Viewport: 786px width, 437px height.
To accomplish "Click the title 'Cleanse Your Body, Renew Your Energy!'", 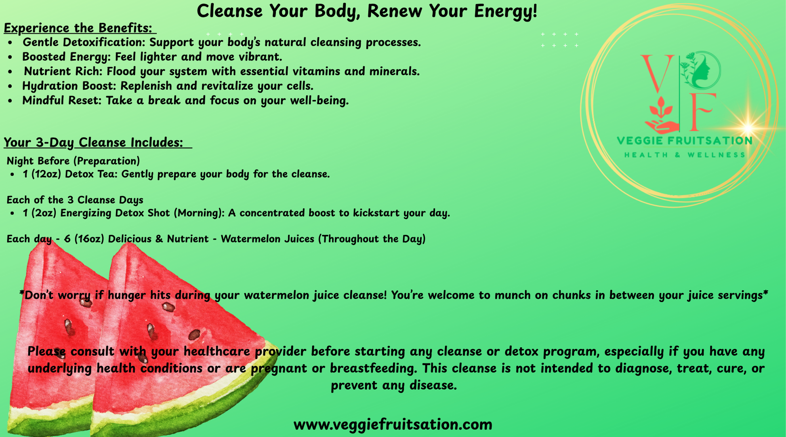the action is [367, 11].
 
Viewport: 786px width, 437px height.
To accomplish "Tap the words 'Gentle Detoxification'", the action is [84, 42].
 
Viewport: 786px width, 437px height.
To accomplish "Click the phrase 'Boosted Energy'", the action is [66, 57].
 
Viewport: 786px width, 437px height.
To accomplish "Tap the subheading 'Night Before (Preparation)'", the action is [73, 161].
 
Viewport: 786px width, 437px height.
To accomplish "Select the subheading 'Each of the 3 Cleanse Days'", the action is [75, 200].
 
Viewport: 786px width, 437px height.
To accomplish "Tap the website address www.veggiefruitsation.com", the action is [393, 424].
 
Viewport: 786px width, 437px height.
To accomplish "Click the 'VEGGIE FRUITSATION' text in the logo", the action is [685, 141].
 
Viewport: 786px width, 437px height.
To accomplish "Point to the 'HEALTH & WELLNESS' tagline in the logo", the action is [685, 155].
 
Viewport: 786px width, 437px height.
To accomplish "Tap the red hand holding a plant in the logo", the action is [660, 116].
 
